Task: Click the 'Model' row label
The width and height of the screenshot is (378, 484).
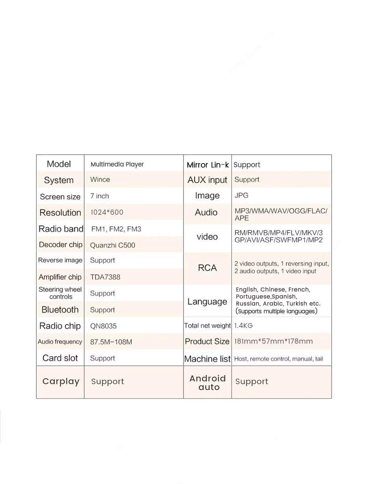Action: click(x=59, y=164)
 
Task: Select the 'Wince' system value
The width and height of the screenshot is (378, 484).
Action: click(x=100, y=180)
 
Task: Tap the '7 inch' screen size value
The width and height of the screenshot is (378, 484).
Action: click(x=100, y=196)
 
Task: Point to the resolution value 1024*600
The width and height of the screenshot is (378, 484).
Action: click(x=107, y=212)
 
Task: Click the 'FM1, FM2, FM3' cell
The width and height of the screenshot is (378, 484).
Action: click(x=116, y=229)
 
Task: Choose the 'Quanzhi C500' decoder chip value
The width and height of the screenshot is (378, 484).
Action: click(x=113, y=245)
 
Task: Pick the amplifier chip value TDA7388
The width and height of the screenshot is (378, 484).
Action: click(x=105, y=277)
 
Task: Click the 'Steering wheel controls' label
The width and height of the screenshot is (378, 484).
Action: click(x=60, y=293)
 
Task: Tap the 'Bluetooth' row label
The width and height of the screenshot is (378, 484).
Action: click(x=60, y=309)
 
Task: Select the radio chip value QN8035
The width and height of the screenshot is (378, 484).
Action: click(x=104, y=326)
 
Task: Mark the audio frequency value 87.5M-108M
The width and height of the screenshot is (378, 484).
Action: click(x=111, y=342)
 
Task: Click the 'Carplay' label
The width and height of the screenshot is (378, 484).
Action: click(x=61, y=381)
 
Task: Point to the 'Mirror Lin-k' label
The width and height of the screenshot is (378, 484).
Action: click(x=208, y=165)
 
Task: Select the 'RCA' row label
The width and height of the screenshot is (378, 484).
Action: click(x=208, y=268)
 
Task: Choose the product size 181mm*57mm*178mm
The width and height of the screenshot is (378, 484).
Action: click(x=273, y=341)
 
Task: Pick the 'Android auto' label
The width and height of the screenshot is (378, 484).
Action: click(x=208, y=382)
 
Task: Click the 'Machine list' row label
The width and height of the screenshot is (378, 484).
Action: click(x=208, y=359)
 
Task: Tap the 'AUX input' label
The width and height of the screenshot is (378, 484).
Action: click(x=208, y=180)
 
